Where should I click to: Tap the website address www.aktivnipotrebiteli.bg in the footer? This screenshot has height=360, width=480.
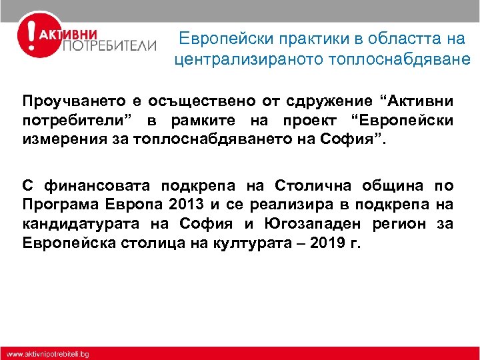(x=48, y=353)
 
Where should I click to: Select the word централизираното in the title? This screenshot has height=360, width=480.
(x=249, y=59)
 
